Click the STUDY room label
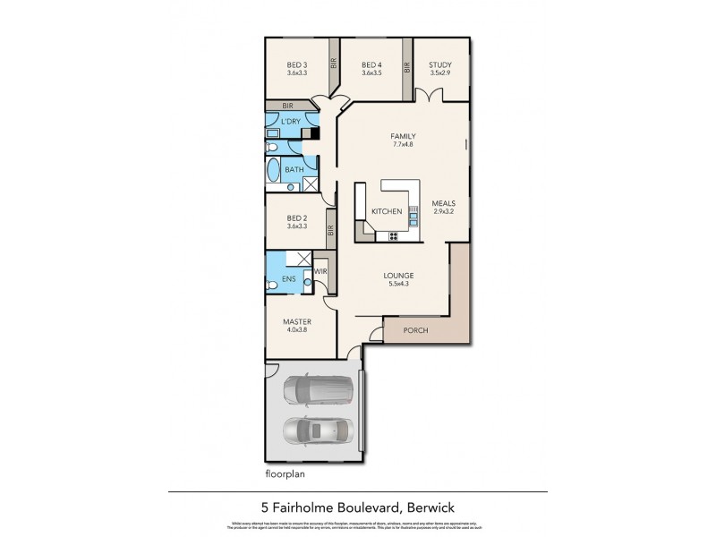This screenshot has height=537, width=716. point(439,64)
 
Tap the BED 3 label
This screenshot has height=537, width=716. point(297,64)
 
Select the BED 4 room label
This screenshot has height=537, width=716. point(372,64)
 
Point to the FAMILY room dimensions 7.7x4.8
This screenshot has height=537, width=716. point(404,145)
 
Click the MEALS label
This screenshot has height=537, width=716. point(444,203)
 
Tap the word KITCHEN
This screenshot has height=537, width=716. point(387,211)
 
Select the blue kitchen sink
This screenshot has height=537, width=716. point(413,215)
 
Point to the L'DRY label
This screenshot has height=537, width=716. point(290,121)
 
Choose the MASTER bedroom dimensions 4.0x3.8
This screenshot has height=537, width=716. point(297,330)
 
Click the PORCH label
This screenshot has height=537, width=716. point(415,330)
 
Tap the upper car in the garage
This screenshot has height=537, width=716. point(318,389)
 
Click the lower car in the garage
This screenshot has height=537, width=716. point(318,431)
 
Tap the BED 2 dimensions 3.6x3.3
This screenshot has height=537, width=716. point(297,227)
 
